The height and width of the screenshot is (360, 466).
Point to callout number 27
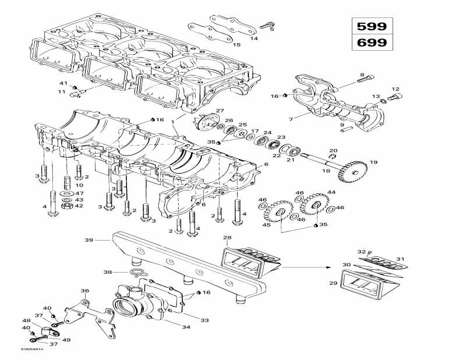pyautogui.click(x=220, y=111)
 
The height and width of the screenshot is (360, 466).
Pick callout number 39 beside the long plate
pyautogui.click(x=89, y=239)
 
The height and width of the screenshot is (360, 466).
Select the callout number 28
pyautogui.click(x=227, y=238)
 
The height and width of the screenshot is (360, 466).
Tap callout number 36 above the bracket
pyautogui.click(x=84, y=291)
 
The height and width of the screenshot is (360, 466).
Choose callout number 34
pyautogui.click(x=186, y=327)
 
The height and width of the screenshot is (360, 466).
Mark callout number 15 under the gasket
pyautogui.click(x=236, y=45)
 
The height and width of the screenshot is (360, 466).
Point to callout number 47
pyautogui.click(x=79, y=193)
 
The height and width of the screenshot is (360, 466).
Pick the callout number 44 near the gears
pyautogui.click(x=331, y=192)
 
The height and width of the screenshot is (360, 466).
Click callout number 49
pyautogui.click(x=66, y=340)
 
